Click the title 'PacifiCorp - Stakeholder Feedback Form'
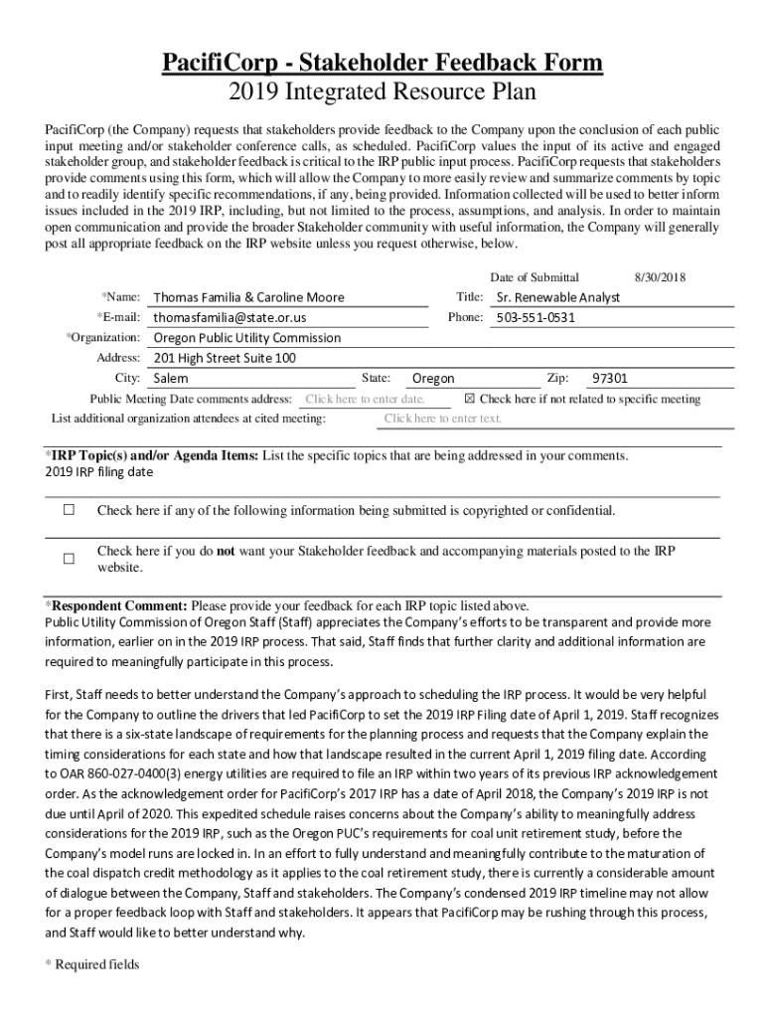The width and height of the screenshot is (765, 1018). click(x=382, y=64)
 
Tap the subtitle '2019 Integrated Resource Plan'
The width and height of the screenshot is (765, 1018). click(x=382, y=93)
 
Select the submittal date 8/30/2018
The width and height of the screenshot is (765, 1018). click(x=660, y=277)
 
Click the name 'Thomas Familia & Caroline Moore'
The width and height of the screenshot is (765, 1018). click(x=248, y=297)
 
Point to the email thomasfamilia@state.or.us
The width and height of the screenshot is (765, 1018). click(x=229, y=317)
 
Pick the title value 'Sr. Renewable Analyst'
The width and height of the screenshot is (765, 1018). click(x=557, y=297)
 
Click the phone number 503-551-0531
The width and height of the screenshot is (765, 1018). click(x=535, y=317)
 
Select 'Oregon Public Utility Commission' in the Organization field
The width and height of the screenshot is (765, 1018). click(x=246, y=337)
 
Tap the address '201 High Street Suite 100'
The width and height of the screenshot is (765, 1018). click(x=225, y=358)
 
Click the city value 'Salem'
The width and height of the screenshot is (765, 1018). click(x=171, y=379)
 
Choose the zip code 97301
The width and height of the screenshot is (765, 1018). click(x=610, y=379)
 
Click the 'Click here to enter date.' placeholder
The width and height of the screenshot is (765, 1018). click(x=365, y=399)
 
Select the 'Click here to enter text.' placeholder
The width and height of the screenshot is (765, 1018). click(x=443, y=419)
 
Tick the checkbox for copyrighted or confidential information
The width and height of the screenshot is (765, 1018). click(x=70, y=511)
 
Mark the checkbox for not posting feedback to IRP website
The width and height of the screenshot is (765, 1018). click(x=70, y=559)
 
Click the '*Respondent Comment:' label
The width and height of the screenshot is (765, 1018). click(x=116, y=605)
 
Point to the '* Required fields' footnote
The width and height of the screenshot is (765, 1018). click(x=92, y=964)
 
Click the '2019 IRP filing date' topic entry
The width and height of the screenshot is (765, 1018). click(x=99, y=472)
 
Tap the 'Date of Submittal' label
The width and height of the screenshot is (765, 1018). click(x=535, y=277)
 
